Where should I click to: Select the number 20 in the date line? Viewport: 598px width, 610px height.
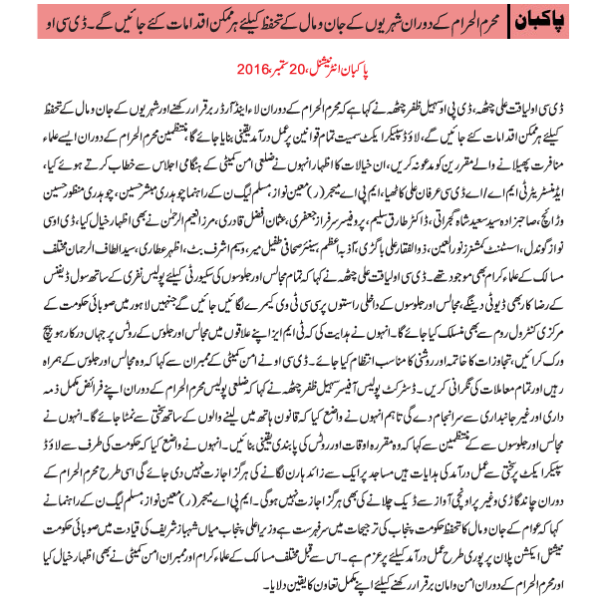click(310, 69)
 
